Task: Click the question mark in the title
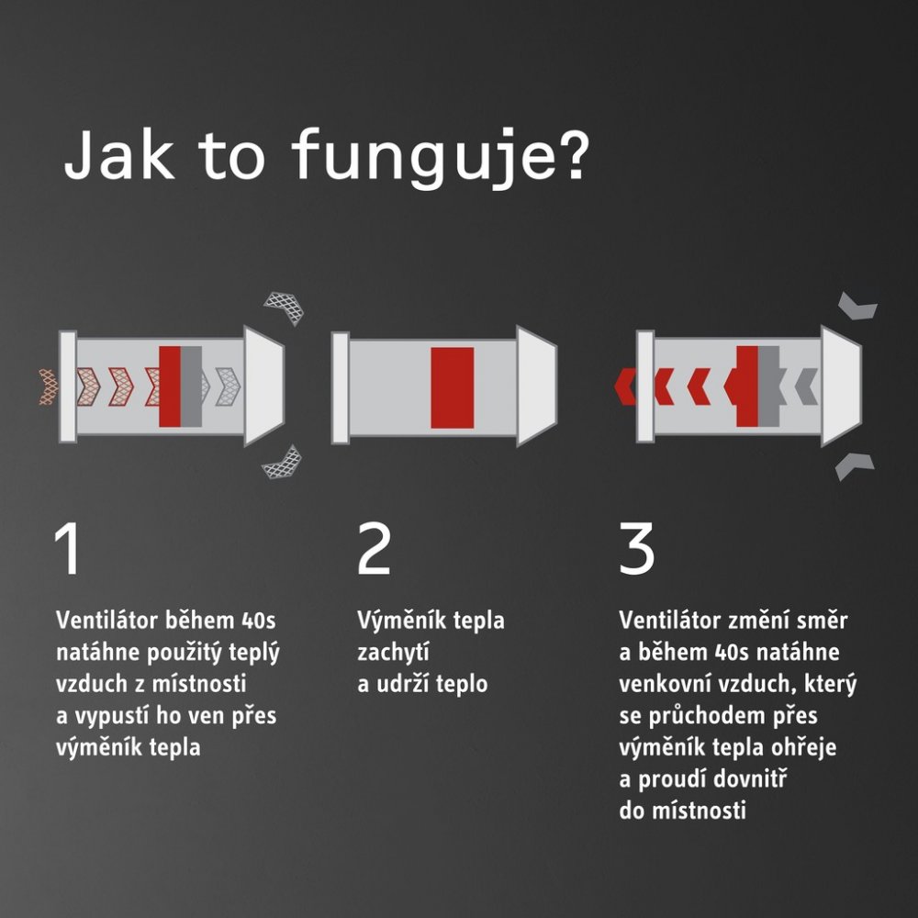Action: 569,153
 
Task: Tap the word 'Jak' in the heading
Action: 118,155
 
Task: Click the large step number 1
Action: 68,548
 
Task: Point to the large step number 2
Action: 374,548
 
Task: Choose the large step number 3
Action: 636,549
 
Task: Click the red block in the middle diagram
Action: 453,387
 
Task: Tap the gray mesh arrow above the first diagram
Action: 285,308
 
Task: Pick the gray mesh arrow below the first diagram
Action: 283,463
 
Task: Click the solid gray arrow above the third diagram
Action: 857,306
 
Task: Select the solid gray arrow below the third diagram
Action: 854,466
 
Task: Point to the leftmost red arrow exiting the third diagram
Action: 624,386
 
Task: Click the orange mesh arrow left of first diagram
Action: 49,387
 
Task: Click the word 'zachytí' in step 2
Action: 394,652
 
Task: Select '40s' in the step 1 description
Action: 258,621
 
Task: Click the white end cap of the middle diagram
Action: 536,386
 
